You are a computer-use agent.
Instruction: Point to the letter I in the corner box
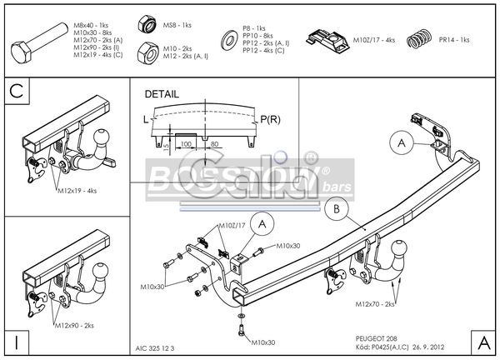click(x=16, y=341)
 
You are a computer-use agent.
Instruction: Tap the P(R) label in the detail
click(x=269, y=120)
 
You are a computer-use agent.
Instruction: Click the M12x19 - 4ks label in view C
click(x=78, y=191)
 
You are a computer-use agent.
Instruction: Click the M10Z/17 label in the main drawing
click(x=232, y=224)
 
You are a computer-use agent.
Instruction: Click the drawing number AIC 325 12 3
click(x=156, y=348)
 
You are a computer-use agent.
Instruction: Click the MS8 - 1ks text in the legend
click(x=178, y=27)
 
